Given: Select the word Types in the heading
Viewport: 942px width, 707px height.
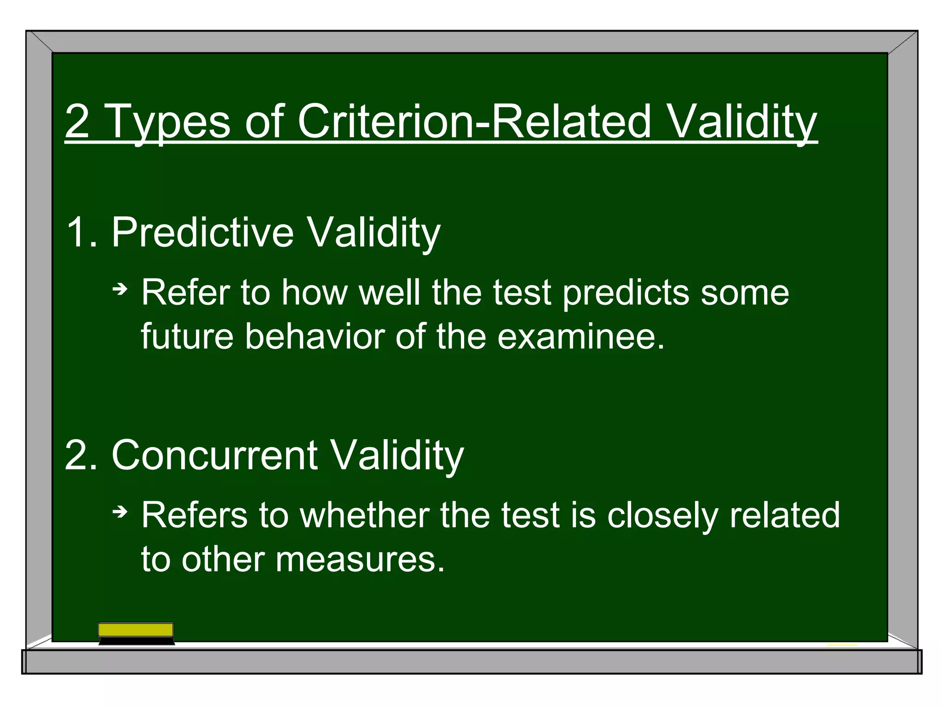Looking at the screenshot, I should point(168,122).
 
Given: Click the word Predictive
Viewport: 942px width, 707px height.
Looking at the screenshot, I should point(202,232).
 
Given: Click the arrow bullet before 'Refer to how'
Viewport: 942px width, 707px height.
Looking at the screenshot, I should point(120,290).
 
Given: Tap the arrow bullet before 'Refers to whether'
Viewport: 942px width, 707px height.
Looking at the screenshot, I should point(120,512).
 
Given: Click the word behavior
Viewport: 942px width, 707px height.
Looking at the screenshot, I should point(315,336).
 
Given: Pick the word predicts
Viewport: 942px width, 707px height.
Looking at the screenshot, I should point(626,294).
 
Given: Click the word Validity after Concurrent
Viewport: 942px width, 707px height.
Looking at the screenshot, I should point(397,456).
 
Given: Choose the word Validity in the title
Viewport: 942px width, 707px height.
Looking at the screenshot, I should point(742,122).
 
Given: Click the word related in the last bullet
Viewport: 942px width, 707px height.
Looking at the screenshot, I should point(785,515).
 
